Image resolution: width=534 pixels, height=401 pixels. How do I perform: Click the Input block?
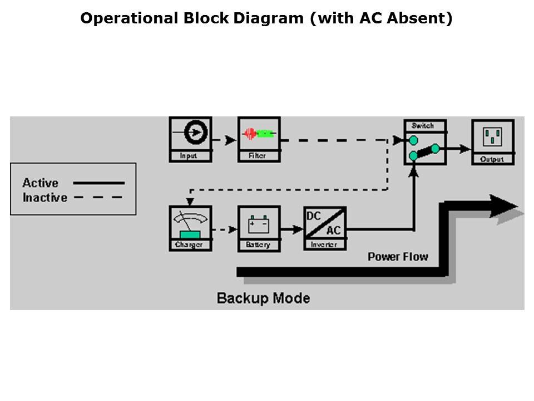pyautogui.click(x=190, y=139)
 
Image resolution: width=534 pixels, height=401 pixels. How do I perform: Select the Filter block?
pyautogui.click(x=259, y=139)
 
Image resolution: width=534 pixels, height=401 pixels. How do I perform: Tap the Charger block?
pyautogui.click(x=190, y=228)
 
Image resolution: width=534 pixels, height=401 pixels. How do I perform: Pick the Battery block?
pyautogui.click(x=259, y=228)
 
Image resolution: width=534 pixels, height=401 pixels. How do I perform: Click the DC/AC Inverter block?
pyautogui.click(x=325, y=228)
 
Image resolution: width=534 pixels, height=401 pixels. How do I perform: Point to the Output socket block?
pyautogui.click(x=492, y=141)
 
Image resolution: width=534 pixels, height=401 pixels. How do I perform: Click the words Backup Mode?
pyautogui.click(x=263, y=298)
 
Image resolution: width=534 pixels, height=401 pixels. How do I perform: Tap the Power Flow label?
pyautogui.click(x=398, y=257)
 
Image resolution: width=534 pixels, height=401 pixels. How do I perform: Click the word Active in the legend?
pyautogui.click(x=40, y=183)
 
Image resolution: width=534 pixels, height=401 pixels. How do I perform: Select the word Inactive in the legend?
pyautogui.click(x=44, y=197)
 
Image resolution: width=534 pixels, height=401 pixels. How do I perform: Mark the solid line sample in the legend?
pyautogui.click(x=99, y=183)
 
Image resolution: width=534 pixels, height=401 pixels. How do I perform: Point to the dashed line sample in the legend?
pyautogui.click(x=98, y=197)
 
